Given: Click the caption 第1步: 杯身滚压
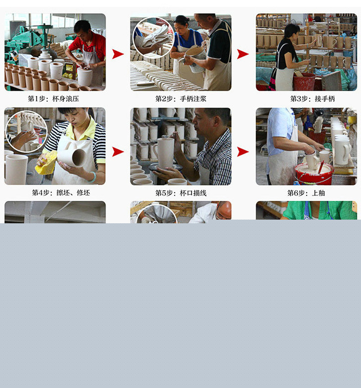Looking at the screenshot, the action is click(x=53, y=99).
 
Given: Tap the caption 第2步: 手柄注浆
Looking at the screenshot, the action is click(x=180, y=99).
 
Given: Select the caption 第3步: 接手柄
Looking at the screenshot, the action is click(x=312, y=99).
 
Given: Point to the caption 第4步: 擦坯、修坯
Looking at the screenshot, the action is click(x=61, y=193).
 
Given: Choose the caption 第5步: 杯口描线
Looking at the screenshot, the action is click(x=180, y=193).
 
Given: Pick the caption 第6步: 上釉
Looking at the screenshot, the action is click(x=306, y=193).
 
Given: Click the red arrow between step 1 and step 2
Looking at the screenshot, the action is click(x=118, y=54).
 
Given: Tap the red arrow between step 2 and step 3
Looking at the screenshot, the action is click(x=243, y=54).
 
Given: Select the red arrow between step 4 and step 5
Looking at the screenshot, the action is click(x=118, y=152).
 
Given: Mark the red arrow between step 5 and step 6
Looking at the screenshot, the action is click(x=243, y=152).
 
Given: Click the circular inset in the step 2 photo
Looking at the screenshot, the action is click(x=154, y=38).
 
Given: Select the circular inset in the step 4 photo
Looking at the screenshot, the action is click(x=26, y=131).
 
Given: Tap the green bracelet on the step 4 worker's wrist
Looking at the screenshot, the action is click(x=92, y=177).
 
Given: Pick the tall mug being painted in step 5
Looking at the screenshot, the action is click(x=165, y=153).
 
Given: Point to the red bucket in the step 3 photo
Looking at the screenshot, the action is click(x=304, y=81).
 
